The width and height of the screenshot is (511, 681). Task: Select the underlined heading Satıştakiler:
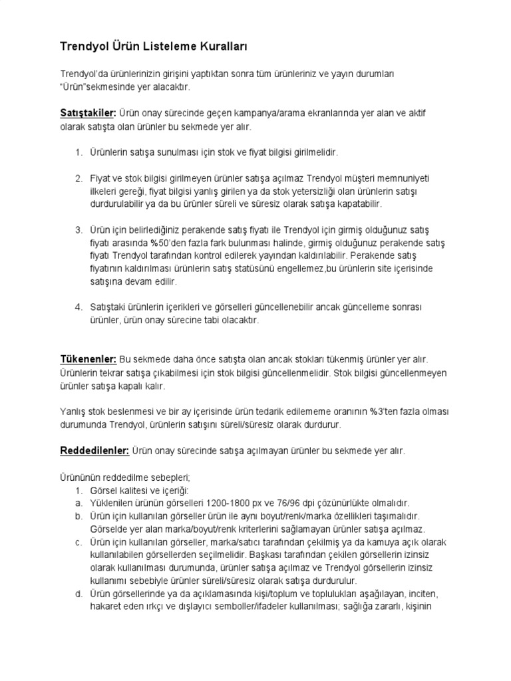(88, 114)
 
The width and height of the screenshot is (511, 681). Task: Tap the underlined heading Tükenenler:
(88, 360)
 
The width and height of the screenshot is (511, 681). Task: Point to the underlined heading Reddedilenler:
(94, 451)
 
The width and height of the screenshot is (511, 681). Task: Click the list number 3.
(78, 229)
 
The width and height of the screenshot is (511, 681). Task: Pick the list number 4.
(78, 307)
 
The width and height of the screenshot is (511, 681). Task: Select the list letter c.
(78, 542)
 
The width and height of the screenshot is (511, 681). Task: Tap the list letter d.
(78, 593)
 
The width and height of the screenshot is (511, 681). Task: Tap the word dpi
(317, 503)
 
